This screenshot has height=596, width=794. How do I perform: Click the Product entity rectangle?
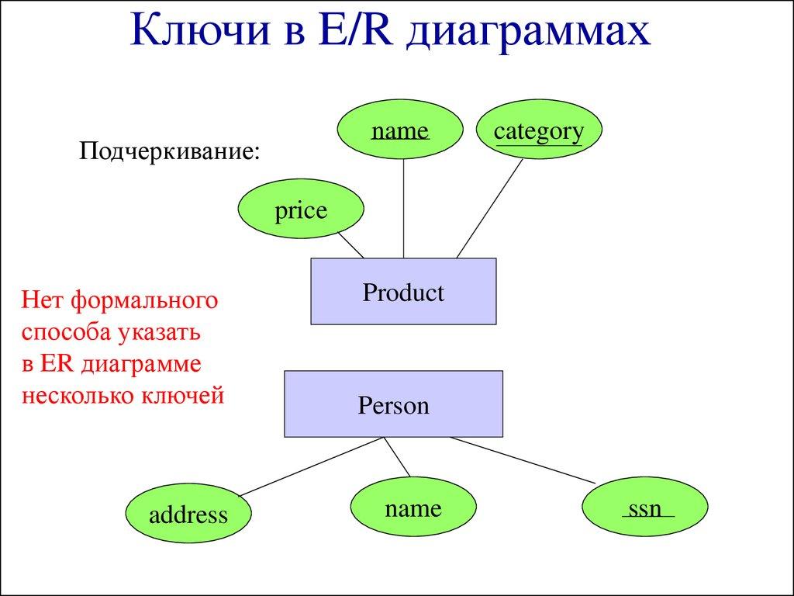[403, 292]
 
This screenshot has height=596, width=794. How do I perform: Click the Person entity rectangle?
[393, 404]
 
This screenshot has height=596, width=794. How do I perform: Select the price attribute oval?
[300, 210]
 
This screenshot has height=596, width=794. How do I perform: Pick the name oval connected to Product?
[400, 131]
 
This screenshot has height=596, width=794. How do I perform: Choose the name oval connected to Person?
[413, 508]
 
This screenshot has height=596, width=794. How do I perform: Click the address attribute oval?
[188, 514]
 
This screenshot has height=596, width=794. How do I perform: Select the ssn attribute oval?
[645, 508]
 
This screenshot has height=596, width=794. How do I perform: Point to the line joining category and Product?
[490, 208]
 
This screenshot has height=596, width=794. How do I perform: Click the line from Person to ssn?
[523, 459]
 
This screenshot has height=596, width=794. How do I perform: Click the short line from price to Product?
[351, 246]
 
